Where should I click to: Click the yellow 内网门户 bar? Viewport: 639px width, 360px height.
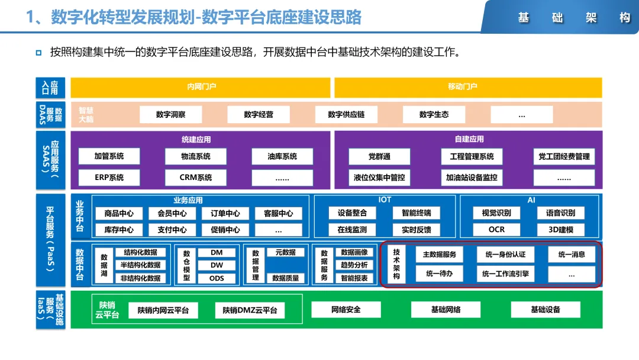pyautogui.click(x=201, y=87)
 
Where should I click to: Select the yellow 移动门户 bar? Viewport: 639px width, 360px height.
pyautogui.click(x=468, y=87)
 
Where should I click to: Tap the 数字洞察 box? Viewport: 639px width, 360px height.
pyautogui.click(x=171, y=114)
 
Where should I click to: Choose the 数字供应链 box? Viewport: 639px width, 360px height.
pyautogui.click(x=346, y=114)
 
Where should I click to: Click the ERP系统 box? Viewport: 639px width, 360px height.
pyautogui.click(x=109, y=177)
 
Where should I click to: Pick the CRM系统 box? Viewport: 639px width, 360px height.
pyautogui.click(x=196, y=177)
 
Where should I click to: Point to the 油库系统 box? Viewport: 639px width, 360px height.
pyautogui.click(x=282, y=156)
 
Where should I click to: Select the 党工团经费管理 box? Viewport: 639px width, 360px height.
pyautogui.click(x=564, y=156)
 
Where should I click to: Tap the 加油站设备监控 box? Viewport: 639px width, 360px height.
pyautogui.click(x=472, y=177)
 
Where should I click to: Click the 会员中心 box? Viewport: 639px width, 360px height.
pyautogui.click(x=172, y=213)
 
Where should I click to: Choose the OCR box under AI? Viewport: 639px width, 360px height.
pyautogui.click(x=496, y=229)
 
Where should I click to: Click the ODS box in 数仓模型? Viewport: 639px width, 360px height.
pyautogui.click(x=217, y=278)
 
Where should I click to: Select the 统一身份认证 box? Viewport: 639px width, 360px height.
pyautogui.click(x=505, y=255)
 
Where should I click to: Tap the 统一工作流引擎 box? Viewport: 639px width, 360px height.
pyautogui.click(x=505, y=274)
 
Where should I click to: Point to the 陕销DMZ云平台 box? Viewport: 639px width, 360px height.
pyautogui.click(x=250, y=310)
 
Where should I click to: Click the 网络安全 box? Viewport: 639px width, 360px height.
pyautogui.click(x=346, y=309)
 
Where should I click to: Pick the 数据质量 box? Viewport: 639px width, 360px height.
pyautogui.click(x=286, y=278)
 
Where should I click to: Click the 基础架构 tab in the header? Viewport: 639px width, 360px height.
pyautogui.click(x=574, y=18)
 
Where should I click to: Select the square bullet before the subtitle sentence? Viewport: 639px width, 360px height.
pyautogui.click(x=38, y=53)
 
